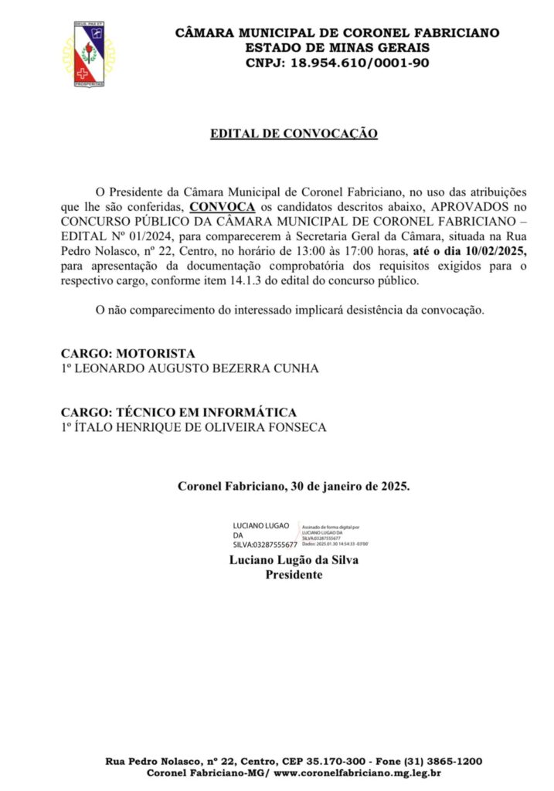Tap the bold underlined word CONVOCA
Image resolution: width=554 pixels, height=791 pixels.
(222, 208)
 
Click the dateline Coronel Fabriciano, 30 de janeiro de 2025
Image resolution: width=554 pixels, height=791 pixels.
(294, 487)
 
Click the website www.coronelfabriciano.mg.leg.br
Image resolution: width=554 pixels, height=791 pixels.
(358, 773)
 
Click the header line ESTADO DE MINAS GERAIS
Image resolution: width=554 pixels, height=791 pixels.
(338, 49)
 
